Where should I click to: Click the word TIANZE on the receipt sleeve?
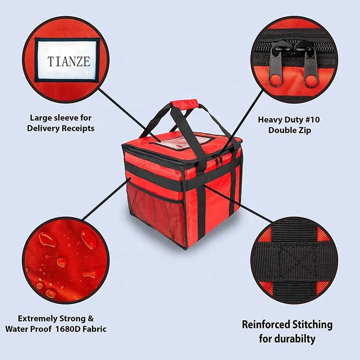coord(69,61)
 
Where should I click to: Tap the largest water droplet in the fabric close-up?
coord(88,239)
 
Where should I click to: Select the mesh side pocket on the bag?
coord(157,211)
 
